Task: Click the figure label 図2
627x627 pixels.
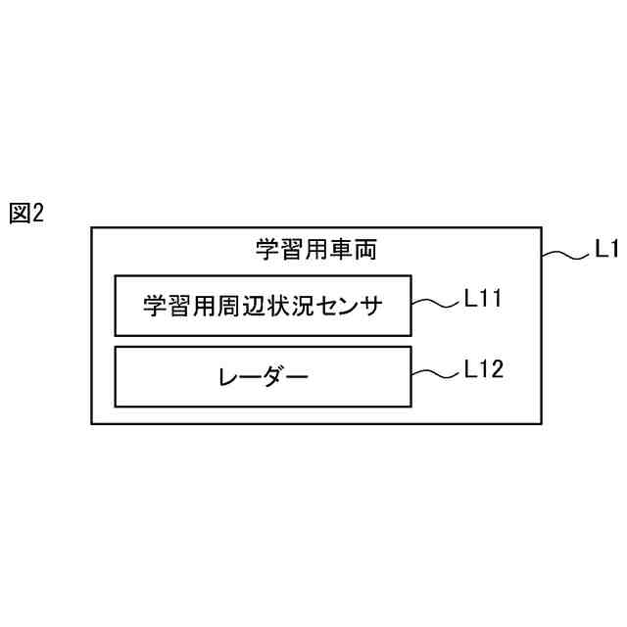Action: (x=26, y=214)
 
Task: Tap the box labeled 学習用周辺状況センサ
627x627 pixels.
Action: (x=262, y=306)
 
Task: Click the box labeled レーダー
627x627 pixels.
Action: (x=262, y=376)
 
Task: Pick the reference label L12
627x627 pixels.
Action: (x=483, y=369)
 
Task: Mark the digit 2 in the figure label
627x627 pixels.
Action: (x=38, y=214)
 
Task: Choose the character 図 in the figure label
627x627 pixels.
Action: (x=20, y=214)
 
